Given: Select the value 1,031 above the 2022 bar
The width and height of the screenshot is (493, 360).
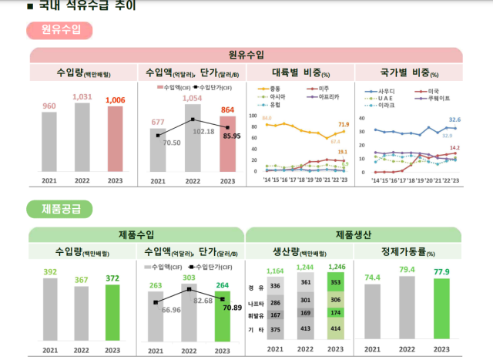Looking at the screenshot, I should point(82,97).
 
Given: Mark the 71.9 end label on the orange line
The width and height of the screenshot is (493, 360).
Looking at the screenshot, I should point(343,124).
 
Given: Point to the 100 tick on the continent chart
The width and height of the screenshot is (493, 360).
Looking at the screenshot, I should point(254,116).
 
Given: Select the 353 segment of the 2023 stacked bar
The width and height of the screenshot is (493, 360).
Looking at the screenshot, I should point(336,282).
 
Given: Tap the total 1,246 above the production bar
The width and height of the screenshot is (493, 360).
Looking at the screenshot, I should point(336,267).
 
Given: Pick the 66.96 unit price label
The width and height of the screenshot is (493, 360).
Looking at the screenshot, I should point(172,310).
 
